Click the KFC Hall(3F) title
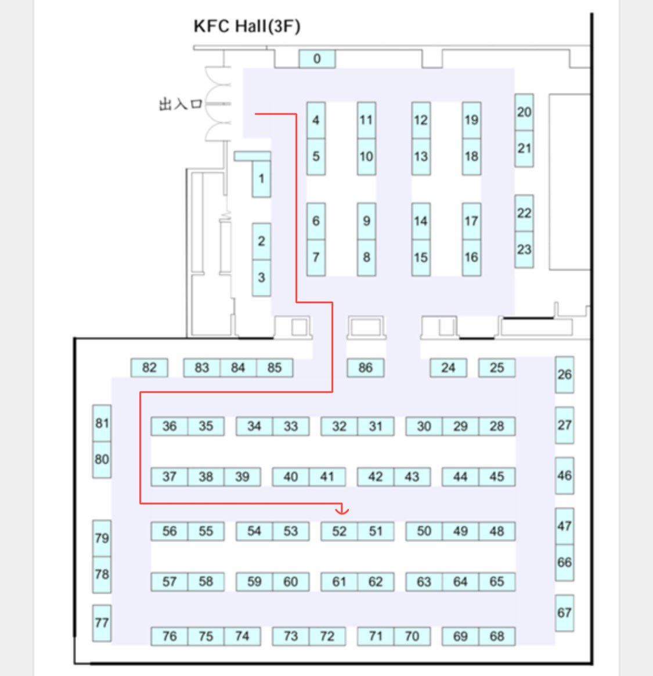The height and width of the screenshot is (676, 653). click(x=247, y=26)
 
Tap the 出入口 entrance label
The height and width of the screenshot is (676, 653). click(x=181, y=104)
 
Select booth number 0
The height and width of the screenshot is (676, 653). click(x=317, y=59)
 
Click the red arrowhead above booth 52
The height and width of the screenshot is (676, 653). click(x=342, y=509)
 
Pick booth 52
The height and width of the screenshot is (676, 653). click(x=340, y=531)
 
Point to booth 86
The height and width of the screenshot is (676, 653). click(x=365, y=368)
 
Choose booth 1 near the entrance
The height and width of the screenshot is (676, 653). click(x=261, y=179)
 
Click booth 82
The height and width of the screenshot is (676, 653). click(x=149, y=368)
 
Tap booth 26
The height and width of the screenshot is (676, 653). click(x=564, y=375)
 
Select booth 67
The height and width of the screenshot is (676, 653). click(x=564, y=613)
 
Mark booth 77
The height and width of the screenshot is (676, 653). click(x=102, y=623)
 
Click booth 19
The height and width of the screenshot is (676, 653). click(x=471, y=120)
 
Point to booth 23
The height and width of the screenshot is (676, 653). click(x=524, y=250)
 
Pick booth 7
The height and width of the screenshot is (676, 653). click(x=316, y=258)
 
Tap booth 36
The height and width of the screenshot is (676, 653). click(x=169, y=426)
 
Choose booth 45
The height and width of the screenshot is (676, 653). click(x=497, y=477)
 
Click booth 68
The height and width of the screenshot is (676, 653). click(x=497, y=637)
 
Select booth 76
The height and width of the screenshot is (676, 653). click(x=169, y=637)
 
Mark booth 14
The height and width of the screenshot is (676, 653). click(x=421, y=221)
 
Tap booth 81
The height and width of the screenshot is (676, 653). click(x=102, y=424)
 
